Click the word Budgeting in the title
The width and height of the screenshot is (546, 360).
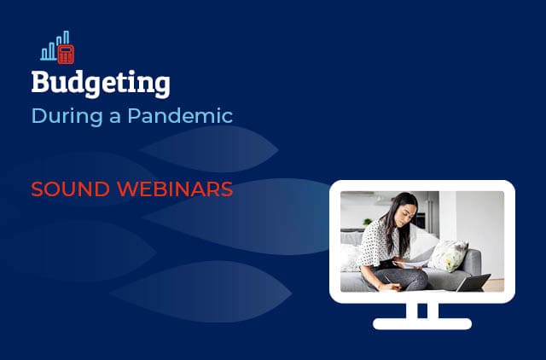[x=101, y=83]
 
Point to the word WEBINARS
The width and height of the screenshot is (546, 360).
[x=174, y=189]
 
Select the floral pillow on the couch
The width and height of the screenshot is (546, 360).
[x=447, y=254]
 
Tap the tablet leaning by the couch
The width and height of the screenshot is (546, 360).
[x=474, y=282]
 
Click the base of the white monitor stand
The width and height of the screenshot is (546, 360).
[x=422, y=323]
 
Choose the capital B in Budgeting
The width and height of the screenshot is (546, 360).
[x=40, y=82]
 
